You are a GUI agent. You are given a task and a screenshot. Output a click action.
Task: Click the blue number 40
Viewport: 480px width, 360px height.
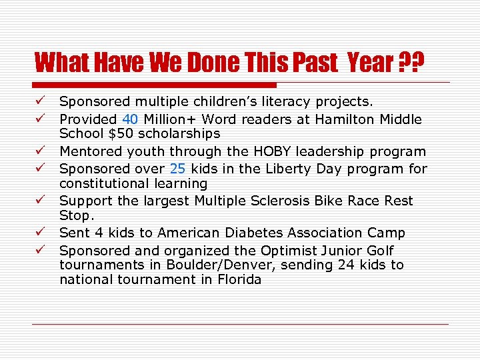coord(130,119)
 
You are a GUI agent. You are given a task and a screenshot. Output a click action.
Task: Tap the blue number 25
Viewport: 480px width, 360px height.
coord(177,169)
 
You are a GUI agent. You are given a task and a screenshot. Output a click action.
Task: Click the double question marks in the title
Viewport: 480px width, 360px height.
coord(411,63)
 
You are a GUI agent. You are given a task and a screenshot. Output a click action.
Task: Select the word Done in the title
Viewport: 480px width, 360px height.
coord(220,63)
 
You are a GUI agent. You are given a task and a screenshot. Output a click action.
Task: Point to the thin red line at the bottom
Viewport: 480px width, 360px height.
coord(240,324)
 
